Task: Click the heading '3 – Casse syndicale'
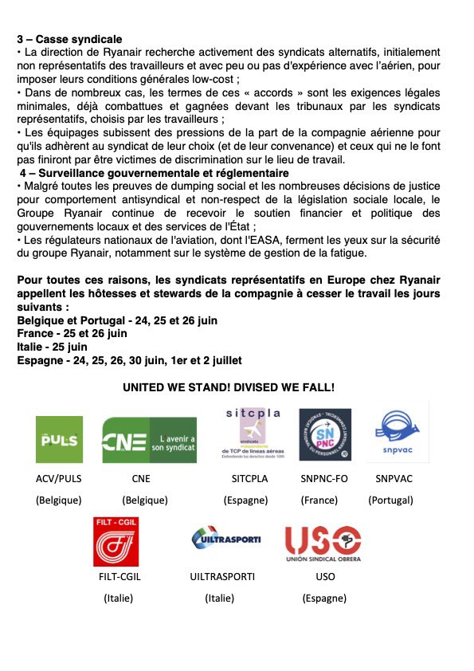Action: click(69, 38)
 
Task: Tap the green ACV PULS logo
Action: click(59, 439)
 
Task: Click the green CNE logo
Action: click(149, 440)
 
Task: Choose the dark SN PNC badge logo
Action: click(324, 434)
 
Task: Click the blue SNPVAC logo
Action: click(396, 433)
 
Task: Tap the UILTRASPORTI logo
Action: click(226, 539)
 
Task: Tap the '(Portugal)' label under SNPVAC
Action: click(390, 500)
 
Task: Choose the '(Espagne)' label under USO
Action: click(324, 598)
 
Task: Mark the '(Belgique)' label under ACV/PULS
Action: click(59, 500)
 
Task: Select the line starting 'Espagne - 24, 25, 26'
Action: click(129, 360)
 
